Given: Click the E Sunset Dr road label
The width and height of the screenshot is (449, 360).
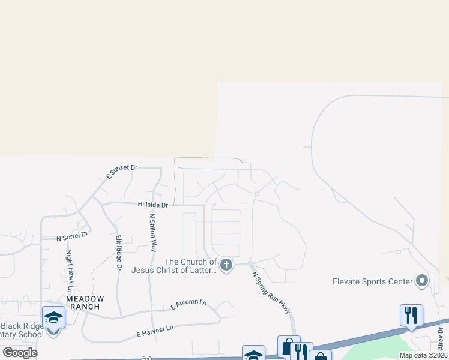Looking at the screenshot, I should click(122, 172).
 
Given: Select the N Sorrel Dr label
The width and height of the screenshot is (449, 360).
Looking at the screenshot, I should click(73, 237).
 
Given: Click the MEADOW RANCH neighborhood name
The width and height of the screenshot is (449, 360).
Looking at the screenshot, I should click(85, 302).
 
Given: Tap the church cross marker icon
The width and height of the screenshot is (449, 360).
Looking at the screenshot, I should click(226, 265).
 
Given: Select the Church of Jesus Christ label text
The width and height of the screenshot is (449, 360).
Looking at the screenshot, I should click(190, 266).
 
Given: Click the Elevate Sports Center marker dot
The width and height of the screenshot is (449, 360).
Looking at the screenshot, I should click(422, 281).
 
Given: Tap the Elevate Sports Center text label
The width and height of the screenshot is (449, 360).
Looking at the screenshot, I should click(373, 281).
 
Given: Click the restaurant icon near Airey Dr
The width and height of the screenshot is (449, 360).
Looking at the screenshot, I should click(411, 316).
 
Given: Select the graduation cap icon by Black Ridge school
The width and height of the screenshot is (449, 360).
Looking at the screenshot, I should click(53, 317).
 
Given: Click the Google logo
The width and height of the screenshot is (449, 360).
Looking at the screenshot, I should click(20, 352).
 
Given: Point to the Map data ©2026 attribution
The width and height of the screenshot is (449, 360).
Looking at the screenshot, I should click(423, 355).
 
